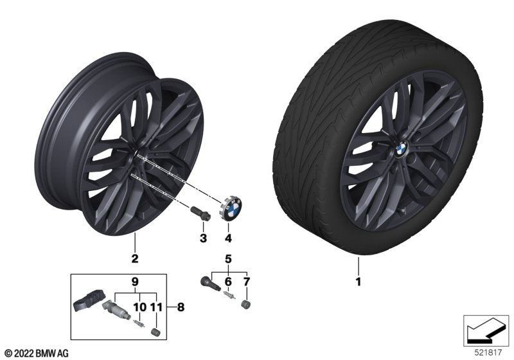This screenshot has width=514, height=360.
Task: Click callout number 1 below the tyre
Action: (359, 282)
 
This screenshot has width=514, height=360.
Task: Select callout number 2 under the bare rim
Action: (135, 258)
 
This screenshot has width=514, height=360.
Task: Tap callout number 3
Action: (203, 238)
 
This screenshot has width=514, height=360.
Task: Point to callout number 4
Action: (228, 238)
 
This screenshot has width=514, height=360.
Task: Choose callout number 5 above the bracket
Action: (228, 259)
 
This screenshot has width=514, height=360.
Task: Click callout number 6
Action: (228, 282)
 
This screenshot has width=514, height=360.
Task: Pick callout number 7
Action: (247, 282)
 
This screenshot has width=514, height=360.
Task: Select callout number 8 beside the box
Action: (181, 307)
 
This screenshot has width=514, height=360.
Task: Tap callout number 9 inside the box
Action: (135, 282)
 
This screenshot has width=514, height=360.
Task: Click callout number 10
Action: (140, 307)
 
